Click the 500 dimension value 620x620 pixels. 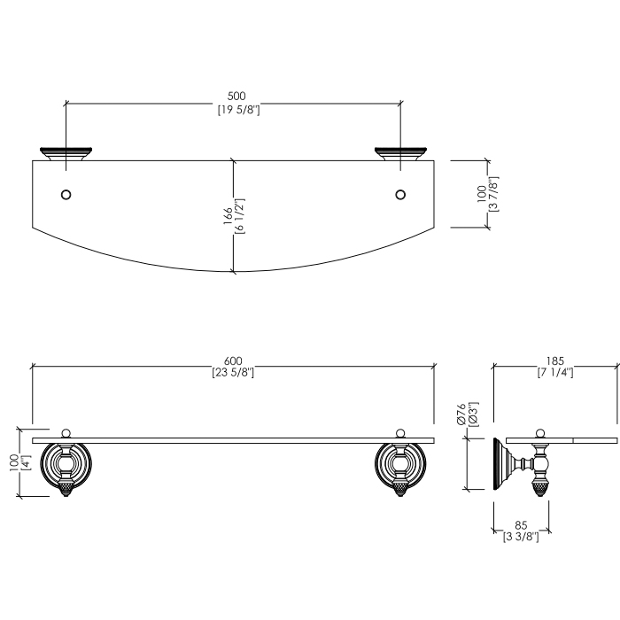click(236, 96)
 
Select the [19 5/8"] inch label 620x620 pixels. click(239, 110)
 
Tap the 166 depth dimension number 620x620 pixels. click(229, 216)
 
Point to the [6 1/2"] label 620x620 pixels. click(240, 216)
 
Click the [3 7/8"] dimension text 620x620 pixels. click(493, 194)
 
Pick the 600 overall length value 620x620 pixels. click(233, 361)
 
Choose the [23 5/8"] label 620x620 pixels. click(233, 373)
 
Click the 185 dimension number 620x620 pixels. click(555, 361)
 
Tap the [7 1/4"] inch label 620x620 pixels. click(555, 373)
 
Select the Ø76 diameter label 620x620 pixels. click(461, 415)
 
